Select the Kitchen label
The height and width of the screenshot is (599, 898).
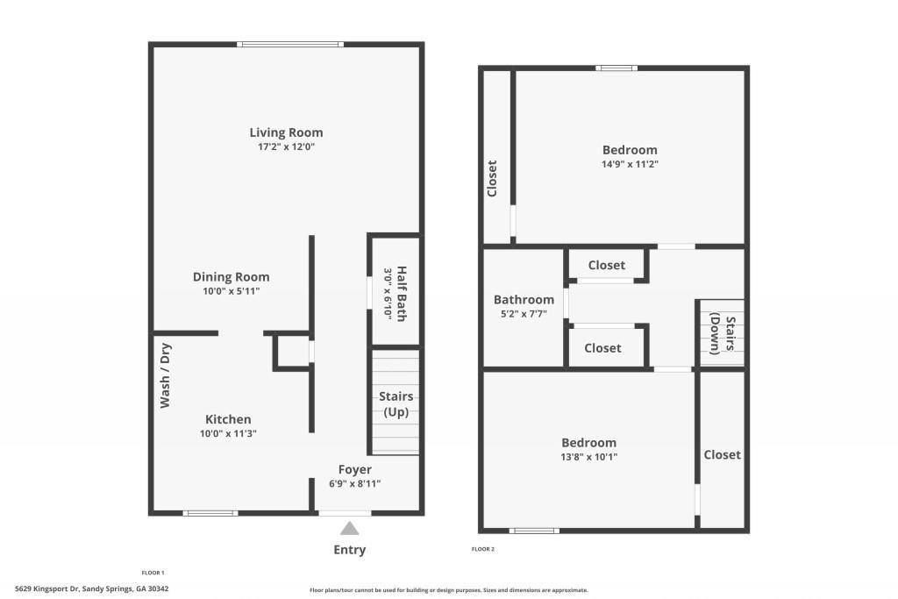pyautogui.click(x=228, y=419)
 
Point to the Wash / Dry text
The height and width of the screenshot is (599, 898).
pyautogui.click(x=165, y=376)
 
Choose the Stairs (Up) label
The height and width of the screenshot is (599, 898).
pyautogui.click(x=396, y=404)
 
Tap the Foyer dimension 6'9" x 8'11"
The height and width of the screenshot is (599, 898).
pyautogui.click(x=354, y=483)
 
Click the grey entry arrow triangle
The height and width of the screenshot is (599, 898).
pyautogui.click(x=349, y=528)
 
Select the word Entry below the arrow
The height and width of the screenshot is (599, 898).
pyautogui.click(x=349, y=550)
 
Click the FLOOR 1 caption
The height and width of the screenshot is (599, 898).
pyautogui.click(x=153, y=573)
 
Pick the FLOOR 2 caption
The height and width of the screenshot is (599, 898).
pyautogui.click(x=483, y=550)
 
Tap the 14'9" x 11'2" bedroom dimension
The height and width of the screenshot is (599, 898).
pyautogui.click(x=630, y=164)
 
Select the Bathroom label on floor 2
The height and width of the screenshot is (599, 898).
pyautogui.click(x=524, y=299)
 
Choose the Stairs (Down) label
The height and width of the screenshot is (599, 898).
pyautogui.click(x=721, y=333)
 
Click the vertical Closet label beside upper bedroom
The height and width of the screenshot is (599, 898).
pyautogui.click(x=492, y=178)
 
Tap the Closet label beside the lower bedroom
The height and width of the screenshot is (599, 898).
pyautogui.click(x=722, y=454)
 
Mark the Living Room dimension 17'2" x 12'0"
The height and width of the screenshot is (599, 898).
pyautogui.click(x=286, y=147)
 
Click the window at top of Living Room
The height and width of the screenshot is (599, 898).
pyautogui.click(x=289, y=44)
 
